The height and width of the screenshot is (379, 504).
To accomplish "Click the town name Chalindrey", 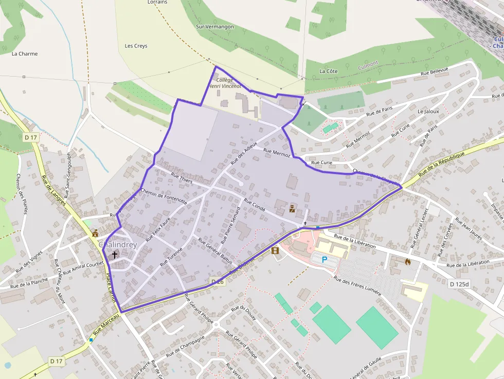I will point(118,244).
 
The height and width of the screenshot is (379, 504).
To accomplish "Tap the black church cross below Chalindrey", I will point(114,254).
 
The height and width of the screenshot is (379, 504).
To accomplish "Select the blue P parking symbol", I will point(324,260).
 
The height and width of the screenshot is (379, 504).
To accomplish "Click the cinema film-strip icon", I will point(275,251).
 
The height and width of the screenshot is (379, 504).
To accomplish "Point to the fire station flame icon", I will point(408,261).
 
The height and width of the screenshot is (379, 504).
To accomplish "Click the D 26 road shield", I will point(218,282).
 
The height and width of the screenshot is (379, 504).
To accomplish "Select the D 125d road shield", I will point(459,284).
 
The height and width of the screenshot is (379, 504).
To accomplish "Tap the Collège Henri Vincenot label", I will point(225,83).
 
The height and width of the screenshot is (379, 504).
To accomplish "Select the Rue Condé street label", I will point(255,205).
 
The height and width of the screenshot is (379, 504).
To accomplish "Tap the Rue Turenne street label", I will point(171,256).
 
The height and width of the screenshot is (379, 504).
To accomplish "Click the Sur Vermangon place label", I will point(215,27).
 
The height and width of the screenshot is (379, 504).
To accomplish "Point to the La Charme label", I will point(25,53).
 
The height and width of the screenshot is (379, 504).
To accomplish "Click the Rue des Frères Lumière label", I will point(357,286).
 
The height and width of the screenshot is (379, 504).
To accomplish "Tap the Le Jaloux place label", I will point(428,111).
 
